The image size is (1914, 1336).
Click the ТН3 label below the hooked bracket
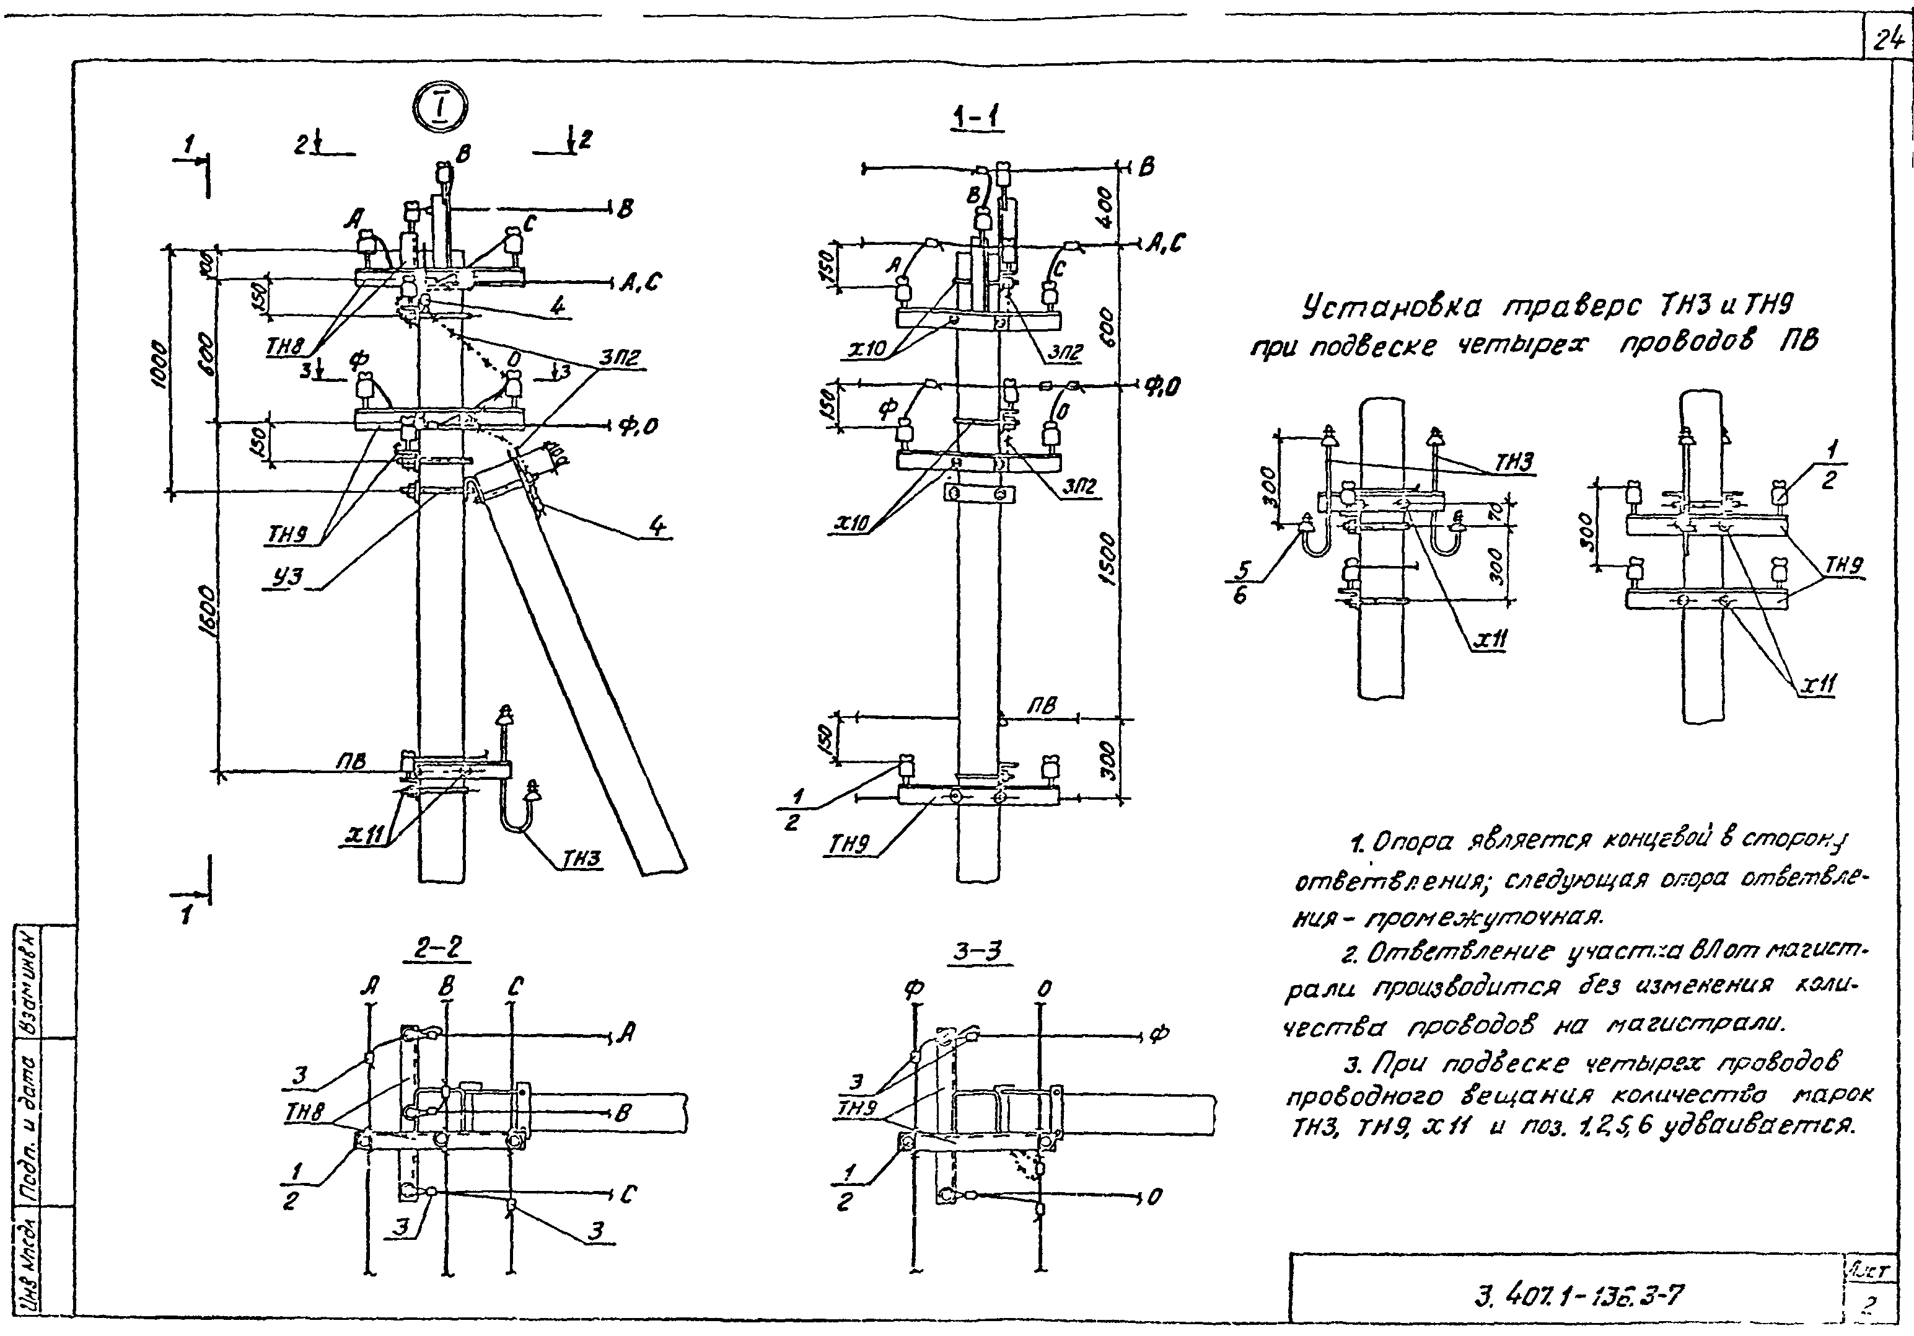click(582, 860)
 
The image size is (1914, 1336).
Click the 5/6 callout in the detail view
click(1244, 582)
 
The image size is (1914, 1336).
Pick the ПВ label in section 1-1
click(1041, 706)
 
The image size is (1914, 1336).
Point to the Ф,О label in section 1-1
click(1162, 386)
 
